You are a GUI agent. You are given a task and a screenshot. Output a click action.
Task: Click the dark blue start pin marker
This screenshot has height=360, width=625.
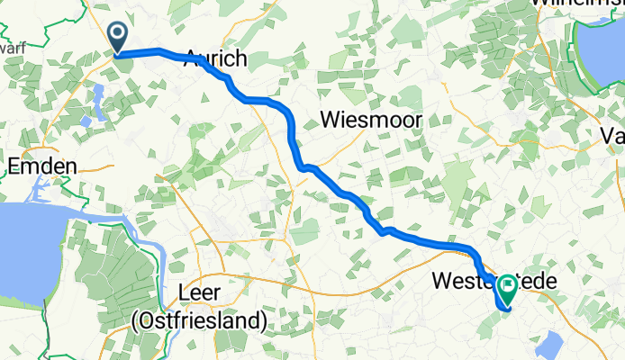(x=118, y=37)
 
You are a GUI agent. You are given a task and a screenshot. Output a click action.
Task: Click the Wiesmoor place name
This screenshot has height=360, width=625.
(x=367, y=120)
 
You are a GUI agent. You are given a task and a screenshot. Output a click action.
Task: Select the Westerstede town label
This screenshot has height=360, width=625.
(x=494, y=281)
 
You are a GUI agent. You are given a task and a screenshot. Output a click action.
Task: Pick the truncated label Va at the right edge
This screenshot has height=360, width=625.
(x=613, y=135)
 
